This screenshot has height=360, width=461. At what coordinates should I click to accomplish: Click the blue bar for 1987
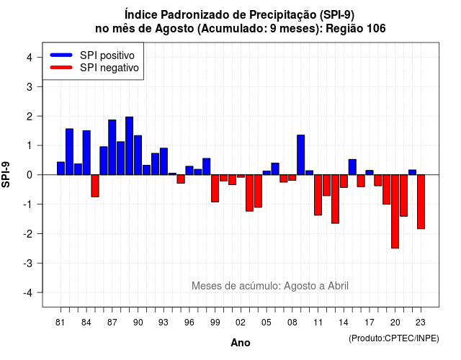112,147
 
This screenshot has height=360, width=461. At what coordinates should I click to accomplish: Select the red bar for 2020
395,212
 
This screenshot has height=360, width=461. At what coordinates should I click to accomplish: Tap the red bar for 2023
421,202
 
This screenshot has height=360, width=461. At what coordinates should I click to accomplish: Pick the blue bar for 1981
61,168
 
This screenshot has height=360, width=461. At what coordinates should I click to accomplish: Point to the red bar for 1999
215,189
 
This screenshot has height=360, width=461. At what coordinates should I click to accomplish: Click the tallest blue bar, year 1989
130,145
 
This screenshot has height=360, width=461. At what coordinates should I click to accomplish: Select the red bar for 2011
318,195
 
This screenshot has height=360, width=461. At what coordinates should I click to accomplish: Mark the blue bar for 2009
301,155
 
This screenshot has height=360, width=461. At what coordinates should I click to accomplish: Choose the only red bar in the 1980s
95,186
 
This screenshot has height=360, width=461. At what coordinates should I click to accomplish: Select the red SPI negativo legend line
61,68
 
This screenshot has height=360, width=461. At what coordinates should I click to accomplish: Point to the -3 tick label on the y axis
28,263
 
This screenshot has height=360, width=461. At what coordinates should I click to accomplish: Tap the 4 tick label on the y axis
30,58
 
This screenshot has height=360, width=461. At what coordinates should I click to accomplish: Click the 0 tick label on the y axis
30,175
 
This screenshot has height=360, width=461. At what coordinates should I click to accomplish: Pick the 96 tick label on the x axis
189,323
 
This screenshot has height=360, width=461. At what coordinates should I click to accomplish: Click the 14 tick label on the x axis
344,323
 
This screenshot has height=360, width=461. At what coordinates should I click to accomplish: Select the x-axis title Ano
241,343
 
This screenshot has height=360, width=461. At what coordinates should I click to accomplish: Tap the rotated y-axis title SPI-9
6,174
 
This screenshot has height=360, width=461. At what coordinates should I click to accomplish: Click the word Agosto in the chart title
174,29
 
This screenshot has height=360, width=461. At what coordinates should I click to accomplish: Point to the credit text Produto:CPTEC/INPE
394,338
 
